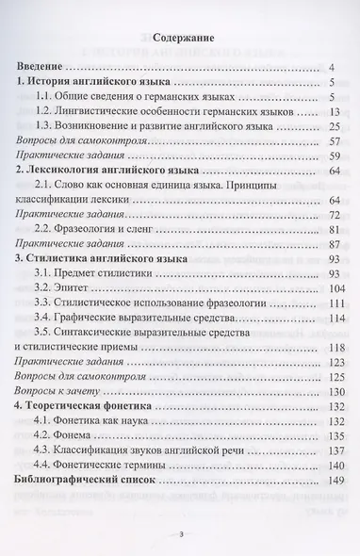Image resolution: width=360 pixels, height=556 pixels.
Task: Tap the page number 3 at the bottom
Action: [179, 534]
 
